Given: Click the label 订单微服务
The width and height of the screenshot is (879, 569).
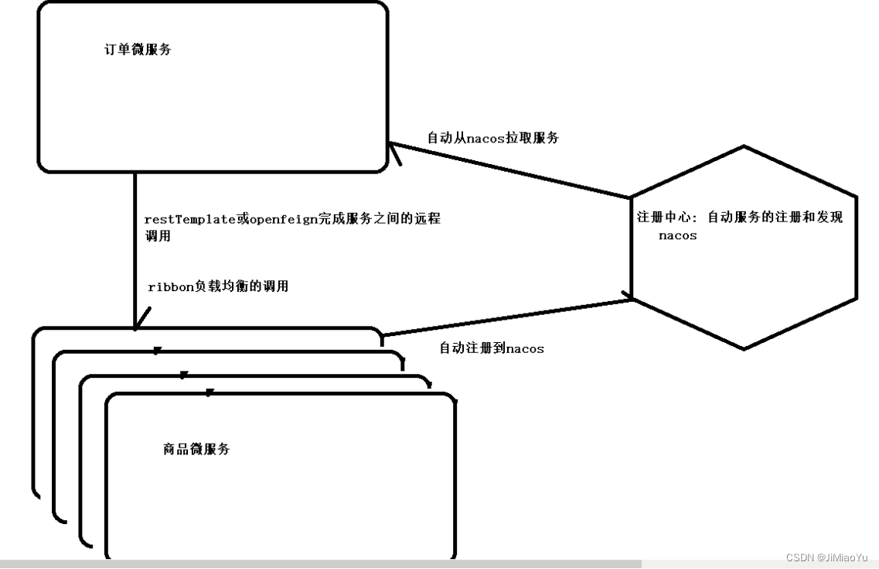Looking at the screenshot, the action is tap(138, 50).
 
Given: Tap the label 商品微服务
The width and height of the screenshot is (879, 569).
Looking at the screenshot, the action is tap(196, 449).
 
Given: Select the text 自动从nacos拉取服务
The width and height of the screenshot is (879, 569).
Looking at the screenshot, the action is tap(492, 139).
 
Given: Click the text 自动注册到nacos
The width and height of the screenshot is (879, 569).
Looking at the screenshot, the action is tap(492, 348).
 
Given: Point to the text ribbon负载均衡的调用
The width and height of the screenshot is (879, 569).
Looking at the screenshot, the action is tap(218, 286).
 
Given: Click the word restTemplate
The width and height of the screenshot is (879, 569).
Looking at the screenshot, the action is tap(189, 219).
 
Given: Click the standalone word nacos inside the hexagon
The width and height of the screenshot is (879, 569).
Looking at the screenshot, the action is tap(677, 235).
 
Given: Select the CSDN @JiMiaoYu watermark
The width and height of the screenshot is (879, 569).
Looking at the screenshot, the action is tap(826, 558).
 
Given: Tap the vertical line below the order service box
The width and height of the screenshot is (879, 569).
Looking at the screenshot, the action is tap(135, 248).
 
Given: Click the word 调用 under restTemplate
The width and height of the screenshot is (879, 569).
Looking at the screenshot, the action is tap(158, 236).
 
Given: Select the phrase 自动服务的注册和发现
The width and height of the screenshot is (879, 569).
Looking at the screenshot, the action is tap(775, 218).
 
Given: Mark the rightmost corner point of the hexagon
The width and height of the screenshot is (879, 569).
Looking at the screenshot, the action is tap(857, 298).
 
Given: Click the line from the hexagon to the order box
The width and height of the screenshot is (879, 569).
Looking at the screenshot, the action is tap(510, 170).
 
